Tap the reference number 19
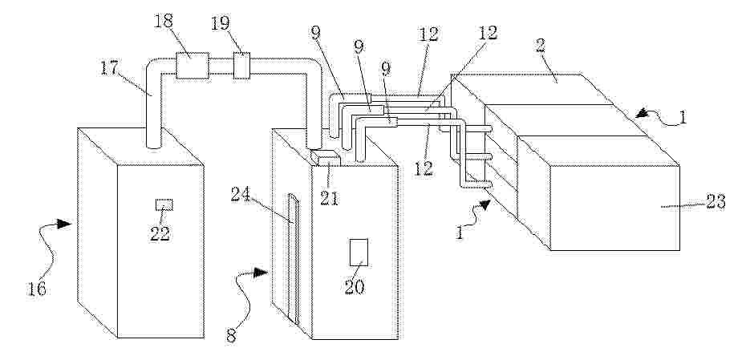coord(221,23)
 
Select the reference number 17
coord(110,68)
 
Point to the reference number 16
coord(36,289)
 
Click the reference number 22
coord(160,233)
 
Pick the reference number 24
coord(241,194)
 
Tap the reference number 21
coord(330,198)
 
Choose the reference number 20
coord(355,286)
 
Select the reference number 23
coord(715,202)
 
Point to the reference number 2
coord(541,46)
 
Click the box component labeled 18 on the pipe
coord(192,66)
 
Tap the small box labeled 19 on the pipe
coord(241,66)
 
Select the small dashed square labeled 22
coord(164,204)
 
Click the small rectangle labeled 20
coord(359,253)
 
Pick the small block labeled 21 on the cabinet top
coord(325,158)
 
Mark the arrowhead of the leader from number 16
coord(65,224)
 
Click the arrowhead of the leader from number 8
coord(262,273)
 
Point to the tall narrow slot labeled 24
coord(294,258)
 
